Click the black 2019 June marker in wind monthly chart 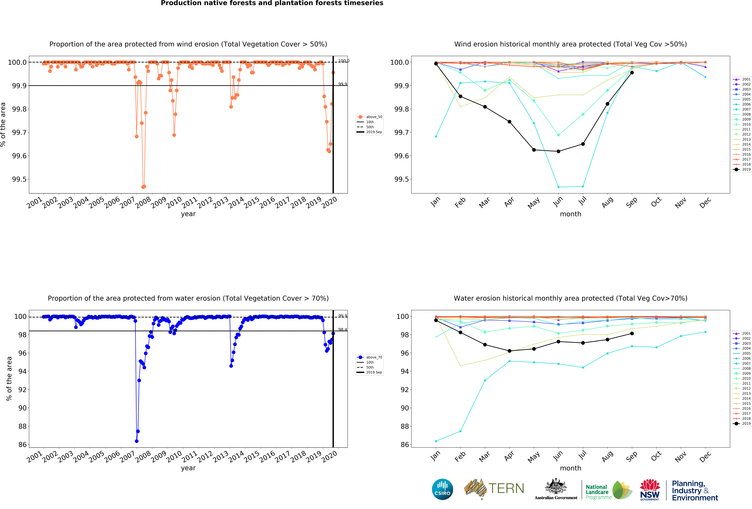558,151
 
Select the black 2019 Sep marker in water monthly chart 632,333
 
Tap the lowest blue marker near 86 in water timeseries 137,441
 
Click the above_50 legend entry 374,117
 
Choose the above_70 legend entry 374,357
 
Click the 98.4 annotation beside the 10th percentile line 342,330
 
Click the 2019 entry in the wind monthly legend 746,169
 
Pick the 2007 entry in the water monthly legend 746,364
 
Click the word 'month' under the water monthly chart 570,468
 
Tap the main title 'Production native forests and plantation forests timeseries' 272,3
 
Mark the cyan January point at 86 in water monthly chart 436,441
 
